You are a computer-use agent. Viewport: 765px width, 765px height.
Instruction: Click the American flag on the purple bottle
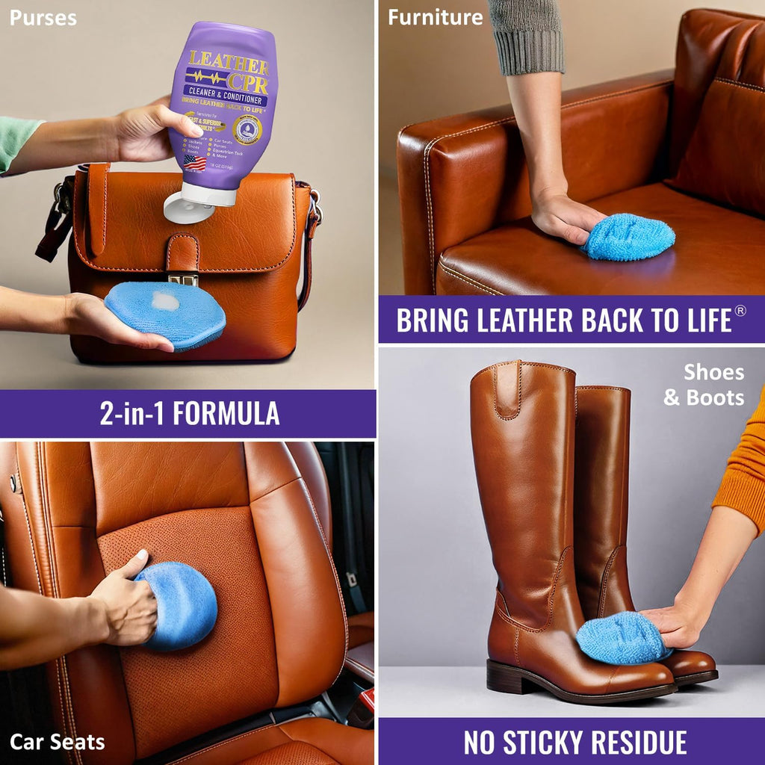[x=194, y=162]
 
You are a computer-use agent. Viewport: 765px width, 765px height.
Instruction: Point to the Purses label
[x=43, y=17]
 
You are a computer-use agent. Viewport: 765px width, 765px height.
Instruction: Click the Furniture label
[x=435, y=17]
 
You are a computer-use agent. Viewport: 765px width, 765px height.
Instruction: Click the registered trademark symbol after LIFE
[x=740, y=311]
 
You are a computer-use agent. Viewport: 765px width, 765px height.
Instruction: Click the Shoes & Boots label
[x=704, y=385]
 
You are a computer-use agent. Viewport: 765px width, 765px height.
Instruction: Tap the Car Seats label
[x=57, y=742]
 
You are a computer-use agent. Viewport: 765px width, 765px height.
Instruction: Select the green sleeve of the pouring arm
[x=19, y=142]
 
